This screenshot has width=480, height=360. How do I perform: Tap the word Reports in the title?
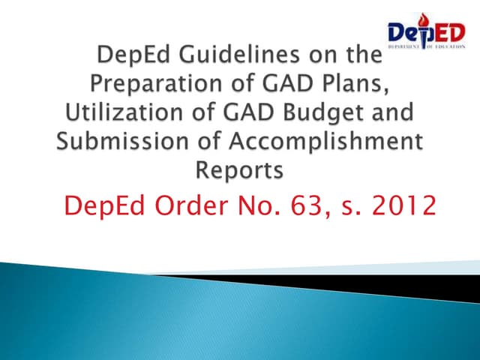point(239,172)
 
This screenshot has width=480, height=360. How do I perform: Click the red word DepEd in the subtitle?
point(106,205)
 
